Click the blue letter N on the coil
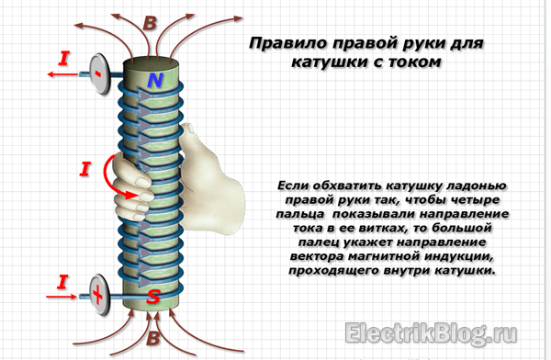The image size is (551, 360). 154,81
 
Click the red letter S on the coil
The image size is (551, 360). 153,297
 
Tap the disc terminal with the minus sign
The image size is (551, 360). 100,73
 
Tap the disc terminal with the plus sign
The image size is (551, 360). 99,295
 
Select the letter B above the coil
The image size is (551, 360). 150,23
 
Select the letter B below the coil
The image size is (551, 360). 153,338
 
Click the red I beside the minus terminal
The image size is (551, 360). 64,59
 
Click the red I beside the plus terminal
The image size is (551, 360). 62,282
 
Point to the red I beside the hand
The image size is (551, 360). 84,169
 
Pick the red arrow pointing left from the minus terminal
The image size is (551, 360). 62,74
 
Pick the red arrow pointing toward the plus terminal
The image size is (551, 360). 62,297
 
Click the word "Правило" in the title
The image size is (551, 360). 287,43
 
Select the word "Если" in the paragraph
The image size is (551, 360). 292,186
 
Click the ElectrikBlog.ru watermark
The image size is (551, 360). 431,332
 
